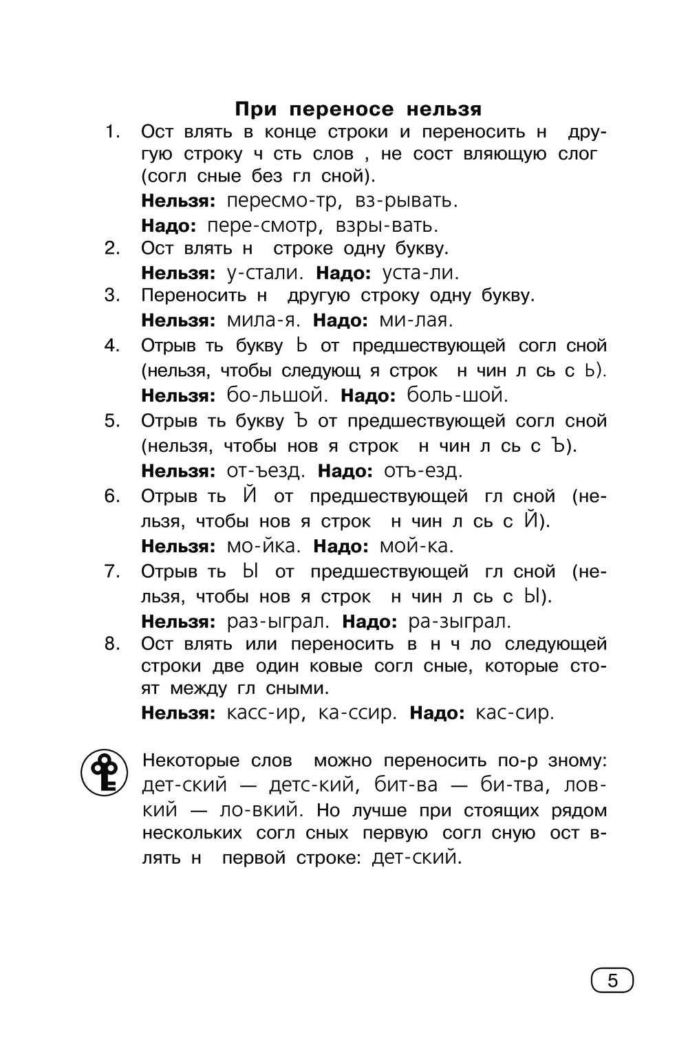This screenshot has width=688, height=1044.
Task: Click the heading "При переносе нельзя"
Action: coord(358,109)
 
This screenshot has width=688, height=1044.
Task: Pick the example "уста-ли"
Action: coord(420,272)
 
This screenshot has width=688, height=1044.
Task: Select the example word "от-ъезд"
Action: coord(265,471)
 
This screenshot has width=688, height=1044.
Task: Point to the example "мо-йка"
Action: coord(263,546)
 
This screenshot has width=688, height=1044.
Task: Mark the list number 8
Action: coord(112,644)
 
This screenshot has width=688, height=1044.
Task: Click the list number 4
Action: coord(112,345)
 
